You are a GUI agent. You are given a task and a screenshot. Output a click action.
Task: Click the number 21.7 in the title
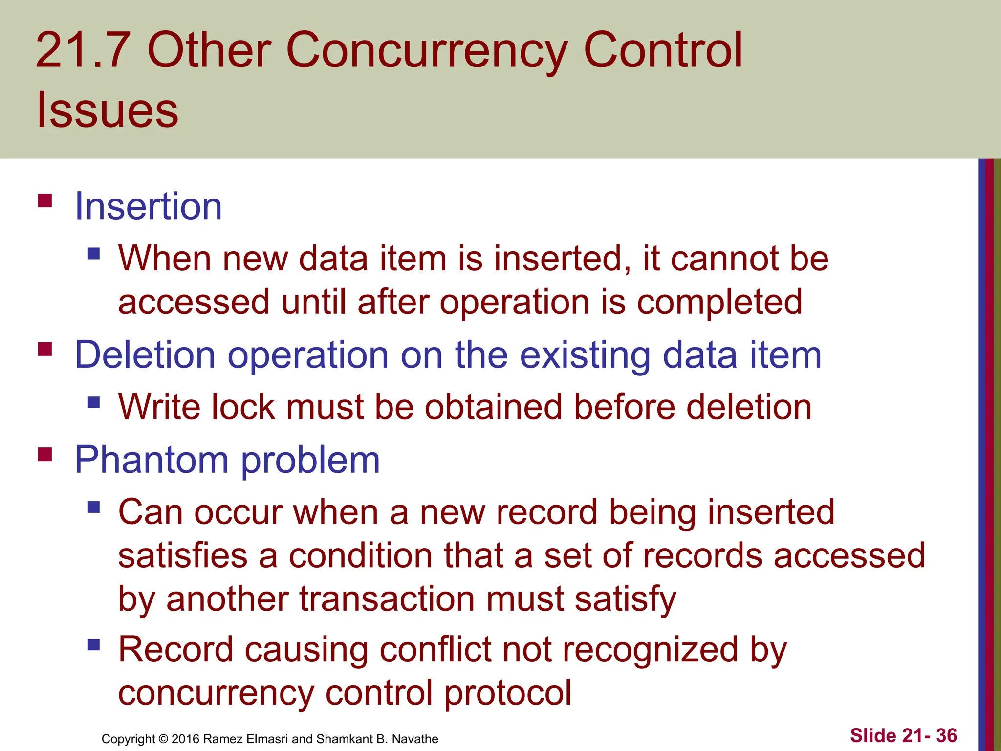click(83, 50)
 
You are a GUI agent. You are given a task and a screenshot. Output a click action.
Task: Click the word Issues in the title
click(108, 110)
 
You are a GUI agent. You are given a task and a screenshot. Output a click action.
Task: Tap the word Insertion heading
click(148, 206)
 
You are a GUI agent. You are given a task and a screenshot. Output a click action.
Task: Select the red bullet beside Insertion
click(45, 201)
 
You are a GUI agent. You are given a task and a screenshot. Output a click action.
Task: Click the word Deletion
click(145, 355)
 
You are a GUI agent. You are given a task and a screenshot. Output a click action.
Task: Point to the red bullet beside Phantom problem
click(45, 455)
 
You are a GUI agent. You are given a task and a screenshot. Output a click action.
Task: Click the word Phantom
click(152, 460)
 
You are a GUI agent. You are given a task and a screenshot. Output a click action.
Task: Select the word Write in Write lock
click(159, 407)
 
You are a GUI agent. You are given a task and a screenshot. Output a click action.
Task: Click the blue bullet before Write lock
click(94, 402)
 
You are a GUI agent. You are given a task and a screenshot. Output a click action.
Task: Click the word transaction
click(387, 599)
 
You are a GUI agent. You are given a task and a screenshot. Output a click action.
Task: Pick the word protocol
click(508, 693)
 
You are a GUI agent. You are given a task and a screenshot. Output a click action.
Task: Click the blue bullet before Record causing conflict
click(94, 645)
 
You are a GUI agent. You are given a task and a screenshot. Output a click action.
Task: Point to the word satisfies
click(183, 556)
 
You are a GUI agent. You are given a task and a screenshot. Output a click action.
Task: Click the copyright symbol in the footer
click(163, 739)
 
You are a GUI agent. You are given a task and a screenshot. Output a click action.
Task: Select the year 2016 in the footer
click(185, 739)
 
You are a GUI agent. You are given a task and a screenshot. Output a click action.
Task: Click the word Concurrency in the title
click(426, 50)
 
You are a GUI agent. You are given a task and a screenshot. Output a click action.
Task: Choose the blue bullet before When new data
click(94, 254)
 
